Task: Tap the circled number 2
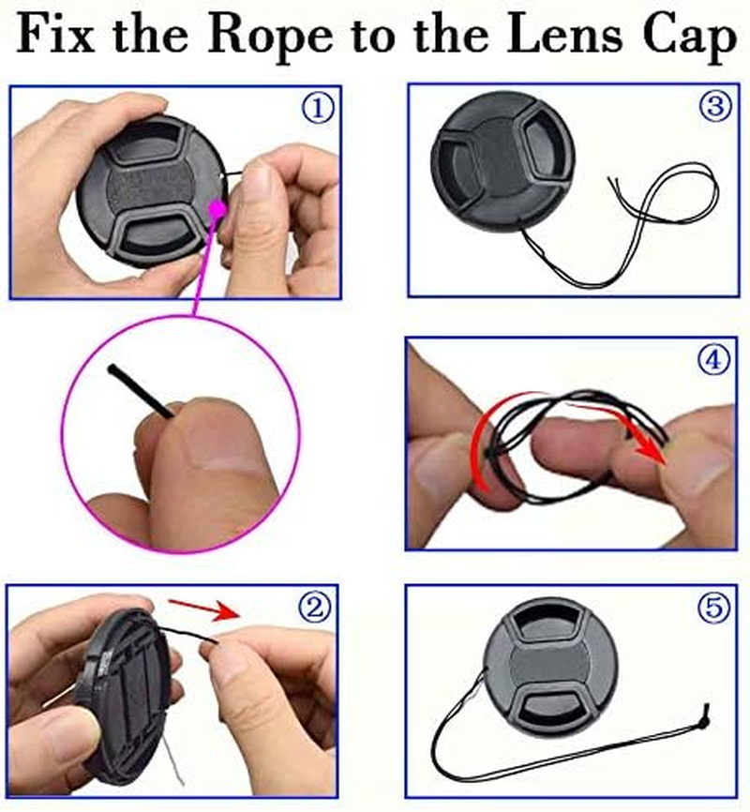(x=314, y=608)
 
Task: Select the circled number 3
(x=715, y=106)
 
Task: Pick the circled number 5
(x=714, y=608)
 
